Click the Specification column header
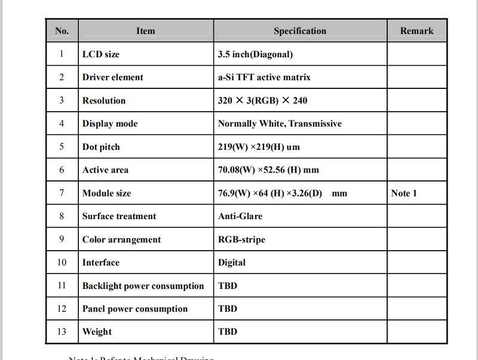pyautogui.click(x=300, y=31)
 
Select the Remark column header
pyautogui.click(x=416, y=31)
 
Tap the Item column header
pyautogui.click(x=145, y=31)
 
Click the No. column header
pyautogui.click(x=62, y=31)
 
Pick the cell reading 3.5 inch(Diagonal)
pyautogui.click(x=256, y=54)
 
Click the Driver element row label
pyautogui.click(x=113, y=77)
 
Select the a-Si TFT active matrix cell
pyautogui.click(x=264, y=77)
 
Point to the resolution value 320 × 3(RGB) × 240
pyautogui.click(x=263, y=100)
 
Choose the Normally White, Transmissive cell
pyautogui.click(x=280, y=124)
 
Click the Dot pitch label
pyautogui.click(x=101, y=147)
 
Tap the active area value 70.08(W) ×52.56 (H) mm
pyautogui.click(x=268, y=170)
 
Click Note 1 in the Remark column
pyautogui.click(x=404, y=193)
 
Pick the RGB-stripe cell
pyautogui.click(x=241, y=239)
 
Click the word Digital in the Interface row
pyautogui.click(x=232, y=262)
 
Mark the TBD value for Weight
pyautogui.click(x=228, y=331)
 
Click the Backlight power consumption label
pyautogui.click(x=143, y=285)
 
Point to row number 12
pyautogui.click(x=62, y=309)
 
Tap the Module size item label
pyautogui.click(x=106, y=193)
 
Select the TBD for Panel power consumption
pyautogui.click(x=228, y=309)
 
